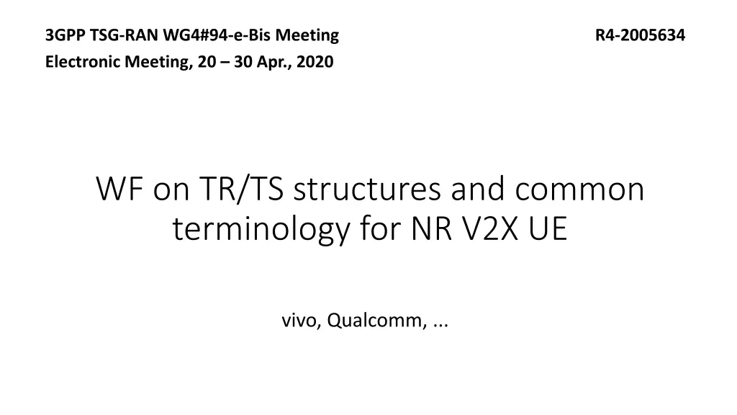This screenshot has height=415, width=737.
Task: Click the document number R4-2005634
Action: [641, 35]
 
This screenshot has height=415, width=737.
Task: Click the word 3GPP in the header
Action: [61, 35]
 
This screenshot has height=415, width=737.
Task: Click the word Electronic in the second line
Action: [77, 63]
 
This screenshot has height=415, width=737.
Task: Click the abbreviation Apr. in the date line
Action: [273, 63]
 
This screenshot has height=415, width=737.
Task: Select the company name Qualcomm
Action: [375, 322]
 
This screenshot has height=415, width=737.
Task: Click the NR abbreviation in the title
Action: [432, 230]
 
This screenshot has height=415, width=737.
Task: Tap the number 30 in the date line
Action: [242, 63]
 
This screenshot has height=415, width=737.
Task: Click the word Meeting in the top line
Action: [312, 35]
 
